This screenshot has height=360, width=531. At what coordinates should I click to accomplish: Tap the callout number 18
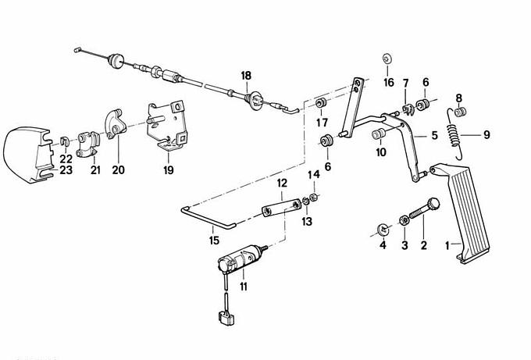click(x=246, y=76)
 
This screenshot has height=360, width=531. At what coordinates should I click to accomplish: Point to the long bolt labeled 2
click(x=425, y=209)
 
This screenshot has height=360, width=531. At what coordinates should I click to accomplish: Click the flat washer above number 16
click(x=387, y=59)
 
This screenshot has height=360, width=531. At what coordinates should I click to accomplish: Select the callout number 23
click(x=66, y=169)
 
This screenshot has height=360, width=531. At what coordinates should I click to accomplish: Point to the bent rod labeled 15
click(x=208, y=219)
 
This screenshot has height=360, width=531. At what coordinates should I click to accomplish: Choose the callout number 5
click(x=434, y=135)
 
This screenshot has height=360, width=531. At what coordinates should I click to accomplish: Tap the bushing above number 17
click(x=321, y=102)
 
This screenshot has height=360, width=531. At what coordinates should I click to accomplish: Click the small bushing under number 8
click(x=460, y=112)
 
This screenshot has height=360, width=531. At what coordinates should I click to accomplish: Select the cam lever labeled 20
click(x=115, y=124)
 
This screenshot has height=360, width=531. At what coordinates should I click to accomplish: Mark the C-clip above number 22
click(x=64, y=141)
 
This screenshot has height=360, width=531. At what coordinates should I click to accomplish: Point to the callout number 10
click(x=381, y=152)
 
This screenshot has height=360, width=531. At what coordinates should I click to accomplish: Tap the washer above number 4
click(x=383, y=230)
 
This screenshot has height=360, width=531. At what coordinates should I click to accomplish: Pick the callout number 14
click(x=314, y=175)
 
